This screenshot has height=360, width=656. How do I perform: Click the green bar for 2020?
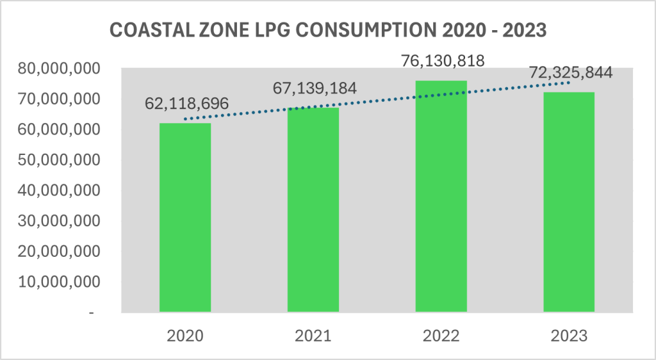[185, 218]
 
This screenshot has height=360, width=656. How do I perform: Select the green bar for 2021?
[313, 210]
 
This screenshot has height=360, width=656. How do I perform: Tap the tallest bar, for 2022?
[441, 197]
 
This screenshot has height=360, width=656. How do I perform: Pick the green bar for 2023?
[569, 202]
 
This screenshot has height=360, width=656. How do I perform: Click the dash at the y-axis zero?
[93, 313]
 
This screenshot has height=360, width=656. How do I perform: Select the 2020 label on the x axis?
[185, 336]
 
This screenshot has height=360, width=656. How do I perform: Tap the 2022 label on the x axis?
[441, 336]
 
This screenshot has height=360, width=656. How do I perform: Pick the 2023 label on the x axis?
[569, 336]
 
